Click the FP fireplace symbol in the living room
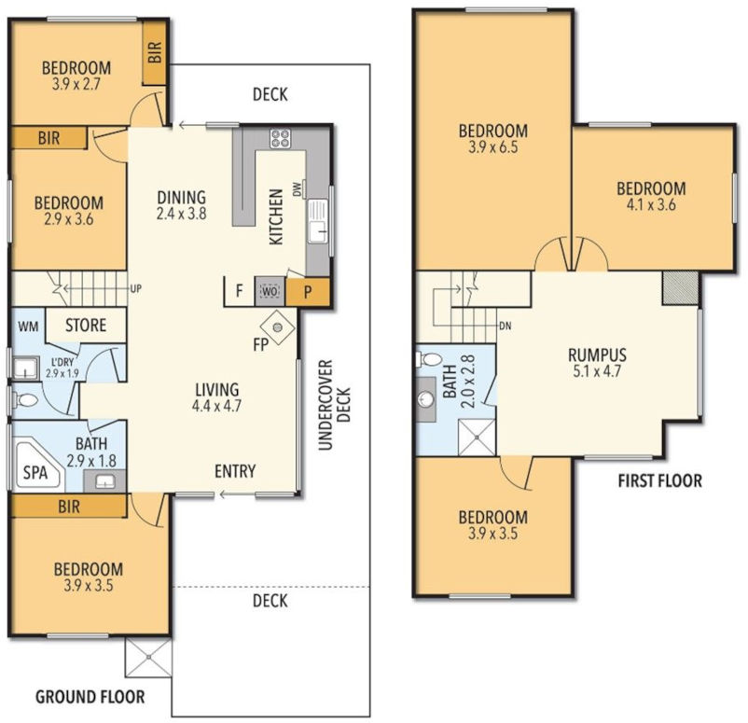278,326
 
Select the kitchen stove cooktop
280,140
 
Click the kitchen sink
319,220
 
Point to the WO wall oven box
270,291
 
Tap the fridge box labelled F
240,291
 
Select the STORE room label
85,327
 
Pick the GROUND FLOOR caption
89,696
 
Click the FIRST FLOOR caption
659,482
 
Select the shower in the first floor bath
478,438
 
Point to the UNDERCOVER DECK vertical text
332,404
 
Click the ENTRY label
234,472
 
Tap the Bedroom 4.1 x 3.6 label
651,196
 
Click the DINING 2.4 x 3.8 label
181,204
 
